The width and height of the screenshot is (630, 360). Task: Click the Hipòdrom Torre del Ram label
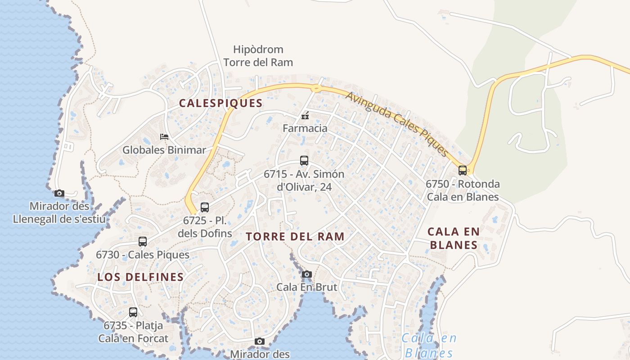point(258,56)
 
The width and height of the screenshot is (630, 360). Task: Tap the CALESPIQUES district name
point(220,103)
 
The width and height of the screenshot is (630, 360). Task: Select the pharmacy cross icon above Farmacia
point(305,116)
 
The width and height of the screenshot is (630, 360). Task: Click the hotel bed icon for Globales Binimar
point(164,136)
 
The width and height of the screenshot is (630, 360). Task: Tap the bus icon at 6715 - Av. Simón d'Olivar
point(304,161)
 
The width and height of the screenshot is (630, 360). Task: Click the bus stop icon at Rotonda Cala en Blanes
point(463,171)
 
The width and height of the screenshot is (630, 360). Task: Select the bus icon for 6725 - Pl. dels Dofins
point(205,207)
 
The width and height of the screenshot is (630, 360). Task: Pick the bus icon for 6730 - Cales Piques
point(143,242)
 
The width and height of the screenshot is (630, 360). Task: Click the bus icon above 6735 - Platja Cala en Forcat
point(133,312)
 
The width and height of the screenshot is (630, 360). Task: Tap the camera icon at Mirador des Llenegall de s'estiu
point(59,193)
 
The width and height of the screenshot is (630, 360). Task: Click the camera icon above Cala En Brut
point(307,274)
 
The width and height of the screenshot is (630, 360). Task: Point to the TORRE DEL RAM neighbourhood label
point(295,237)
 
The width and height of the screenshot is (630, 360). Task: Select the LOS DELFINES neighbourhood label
point(140,277)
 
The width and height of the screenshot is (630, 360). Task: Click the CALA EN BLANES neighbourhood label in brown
point(453,238)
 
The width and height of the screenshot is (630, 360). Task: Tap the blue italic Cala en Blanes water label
point(429,345)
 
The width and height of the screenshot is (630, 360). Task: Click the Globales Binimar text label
point(164,150)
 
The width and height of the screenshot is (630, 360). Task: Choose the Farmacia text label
point(305,128)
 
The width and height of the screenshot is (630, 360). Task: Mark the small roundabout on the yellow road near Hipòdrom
point(317,88)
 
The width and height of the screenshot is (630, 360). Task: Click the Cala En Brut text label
point(307,287)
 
